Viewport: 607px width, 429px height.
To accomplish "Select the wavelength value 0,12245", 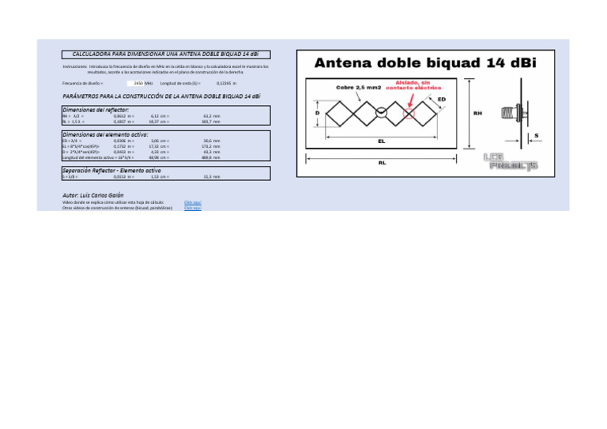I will (226, 82).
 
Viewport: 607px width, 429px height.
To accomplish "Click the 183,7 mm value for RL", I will (211, 122).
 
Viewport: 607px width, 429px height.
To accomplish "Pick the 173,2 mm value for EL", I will (211, 146).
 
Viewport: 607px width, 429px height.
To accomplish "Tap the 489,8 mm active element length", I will (211, 157).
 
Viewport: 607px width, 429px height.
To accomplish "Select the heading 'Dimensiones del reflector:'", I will (96, 109).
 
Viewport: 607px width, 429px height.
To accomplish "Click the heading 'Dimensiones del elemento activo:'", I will (105, 134).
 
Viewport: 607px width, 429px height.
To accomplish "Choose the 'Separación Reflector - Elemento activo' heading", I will (111, 170).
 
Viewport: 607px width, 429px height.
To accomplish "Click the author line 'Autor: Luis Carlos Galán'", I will (93, 194).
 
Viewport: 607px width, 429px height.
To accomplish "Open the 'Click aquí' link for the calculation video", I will (192, 202).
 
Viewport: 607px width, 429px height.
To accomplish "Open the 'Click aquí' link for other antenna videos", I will (192, 208).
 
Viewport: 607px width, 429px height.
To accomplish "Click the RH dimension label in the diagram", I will (477, 113).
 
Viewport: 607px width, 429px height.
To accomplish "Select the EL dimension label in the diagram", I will (382, 141).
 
